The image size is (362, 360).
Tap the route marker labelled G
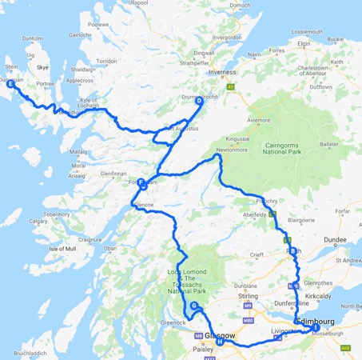tap(193, 306)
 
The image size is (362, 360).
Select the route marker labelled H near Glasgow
tap(219, 342)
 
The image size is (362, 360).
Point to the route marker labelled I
tap(316, 327)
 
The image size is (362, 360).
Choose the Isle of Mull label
tap(63, 249)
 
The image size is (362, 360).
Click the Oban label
tap(109, 249)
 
